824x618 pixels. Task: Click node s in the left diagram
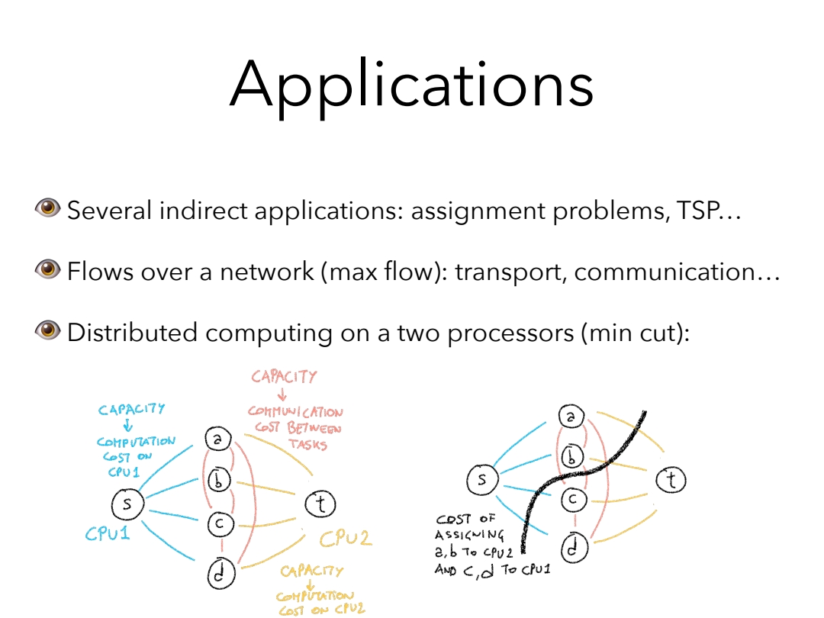[127, 504]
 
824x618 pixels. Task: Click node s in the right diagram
[482, 479]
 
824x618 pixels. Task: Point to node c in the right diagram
[574, 500]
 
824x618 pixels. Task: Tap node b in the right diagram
[572, 457]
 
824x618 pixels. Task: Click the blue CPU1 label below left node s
[108, 533]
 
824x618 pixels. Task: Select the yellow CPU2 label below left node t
[345, 539]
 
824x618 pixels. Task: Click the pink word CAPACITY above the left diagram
[284, 377]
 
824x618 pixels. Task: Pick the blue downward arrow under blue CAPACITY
[127, 426]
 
